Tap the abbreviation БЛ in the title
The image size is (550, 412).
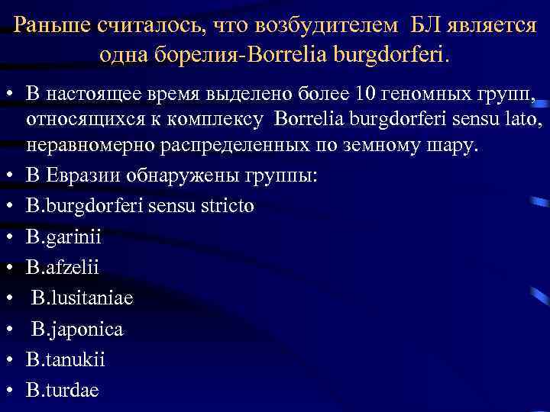pyautogui.click(x=429, y=24)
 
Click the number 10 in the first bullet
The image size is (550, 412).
pyautogui.click(x=364, y=95)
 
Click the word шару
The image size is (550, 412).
pyautogui.click(x=455, y=146)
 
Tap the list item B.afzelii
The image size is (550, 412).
pyautogui.click(x=63, y=267)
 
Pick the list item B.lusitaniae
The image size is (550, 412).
pyautogui.click(x=82, y=298)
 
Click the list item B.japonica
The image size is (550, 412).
pyautogui.click(x=77, y=329)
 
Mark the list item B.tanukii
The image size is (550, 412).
pyautogui.click(x=65, y=359)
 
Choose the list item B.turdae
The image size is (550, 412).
pyautogui.click(x=62, y=389)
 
